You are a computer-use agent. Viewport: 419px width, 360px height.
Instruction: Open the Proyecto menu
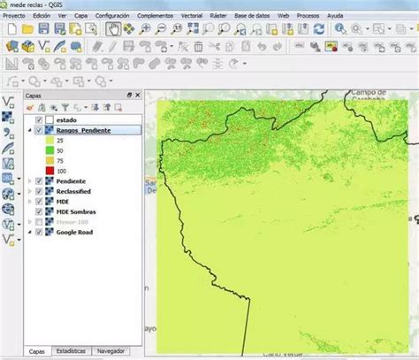13,16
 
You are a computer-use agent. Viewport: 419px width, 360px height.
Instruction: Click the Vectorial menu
191,16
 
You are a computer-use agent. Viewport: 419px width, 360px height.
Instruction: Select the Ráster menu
218,16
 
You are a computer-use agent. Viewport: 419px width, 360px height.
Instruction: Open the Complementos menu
156,16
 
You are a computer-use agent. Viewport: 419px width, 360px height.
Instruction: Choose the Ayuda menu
335,16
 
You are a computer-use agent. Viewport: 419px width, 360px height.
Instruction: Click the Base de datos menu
252,16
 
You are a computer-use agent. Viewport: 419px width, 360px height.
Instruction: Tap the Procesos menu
309,16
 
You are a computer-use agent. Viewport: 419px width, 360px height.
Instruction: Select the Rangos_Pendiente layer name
85,130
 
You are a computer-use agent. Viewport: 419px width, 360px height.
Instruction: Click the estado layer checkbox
39,119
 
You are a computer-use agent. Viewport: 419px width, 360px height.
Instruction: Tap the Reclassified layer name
78,191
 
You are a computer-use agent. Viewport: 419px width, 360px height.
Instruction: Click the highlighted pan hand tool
113,29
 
